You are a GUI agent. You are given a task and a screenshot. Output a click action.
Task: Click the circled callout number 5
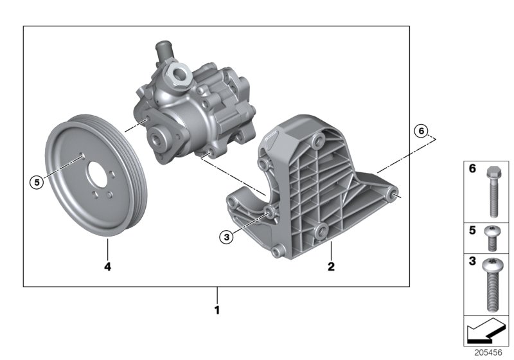click(x=37, y=182)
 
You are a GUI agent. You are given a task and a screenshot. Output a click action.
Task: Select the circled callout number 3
click(x=225, y=237)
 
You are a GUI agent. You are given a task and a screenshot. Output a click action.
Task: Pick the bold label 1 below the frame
click(x=217, y=310)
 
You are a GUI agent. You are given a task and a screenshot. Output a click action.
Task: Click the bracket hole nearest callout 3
click(x=269, y=212)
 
